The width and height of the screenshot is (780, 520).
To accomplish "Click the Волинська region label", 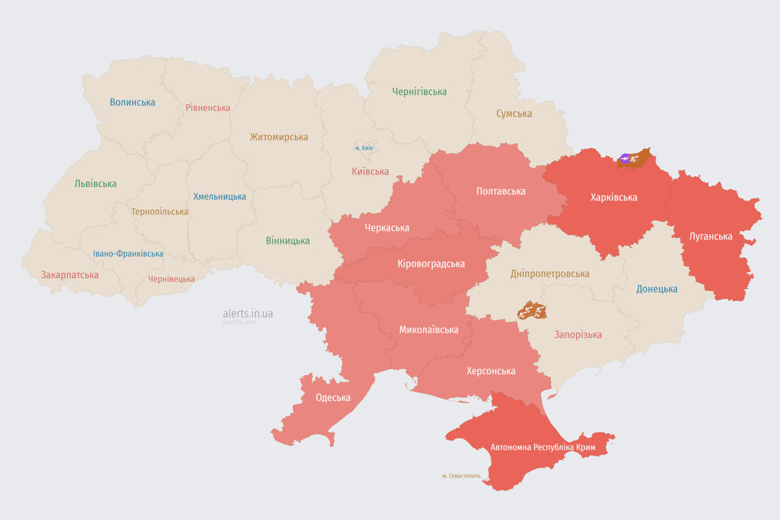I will pyautogui.click(x=133, y=102).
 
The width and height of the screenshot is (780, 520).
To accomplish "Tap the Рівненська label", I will pyautogui.click(x=208, y=108).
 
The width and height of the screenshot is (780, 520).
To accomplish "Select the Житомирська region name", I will pyautogui.click(x=278, y=137).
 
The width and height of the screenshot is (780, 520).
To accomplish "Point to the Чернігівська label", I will pyautogui.click(x=419, y=91).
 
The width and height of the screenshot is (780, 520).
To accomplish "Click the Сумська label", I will pyautogui.click(x=514, y=114).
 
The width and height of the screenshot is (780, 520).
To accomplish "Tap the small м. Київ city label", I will pyautogui.click(x=364, y=148).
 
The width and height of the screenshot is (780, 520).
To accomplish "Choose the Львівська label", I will pyautogui.click(x=95, y=183).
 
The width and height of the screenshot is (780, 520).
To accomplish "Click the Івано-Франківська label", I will pyautogui.click(x=128, y=254).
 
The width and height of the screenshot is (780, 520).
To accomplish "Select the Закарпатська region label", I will pyautogui.click(x=70, y=275).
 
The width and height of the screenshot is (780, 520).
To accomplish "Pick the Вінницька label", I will pyautogui.click(x=288, y=240).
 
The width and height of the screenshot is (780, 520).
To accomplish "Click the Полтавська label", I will pyautogui.click(x=501, y=191).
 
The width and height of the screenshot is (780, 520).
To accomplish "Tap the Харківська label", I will pyautogui.click(x=613, y=198).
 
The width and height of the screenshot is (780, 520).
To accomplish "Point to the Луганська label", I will pyautogui.click(x=711, y=236).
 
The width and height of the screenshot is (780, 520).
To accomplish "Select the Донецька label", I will pyautogui.click(x=657, y=289).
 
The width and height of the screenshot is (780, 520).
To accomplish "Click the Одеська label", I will pyautogui.click(x=333, y=397).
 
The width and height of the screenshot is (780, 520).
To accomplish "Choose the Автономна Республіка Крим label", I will pyautogui.click(x=543, y=448).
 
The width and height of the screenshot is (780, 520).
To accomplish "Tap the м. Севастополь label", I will pyautogui.click(x=461, y=476).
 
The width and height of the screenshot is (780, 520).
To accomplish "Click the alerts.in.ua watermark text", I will pyautogui.click(x=248, y=313).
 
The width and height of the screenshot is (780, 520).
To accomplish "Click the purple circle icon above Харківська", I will pyautogui.click(x=625, y=158).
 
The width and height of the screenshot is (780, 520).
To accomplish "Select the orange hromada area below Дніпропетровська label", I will pyautogui.click(x=532, y=311).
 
